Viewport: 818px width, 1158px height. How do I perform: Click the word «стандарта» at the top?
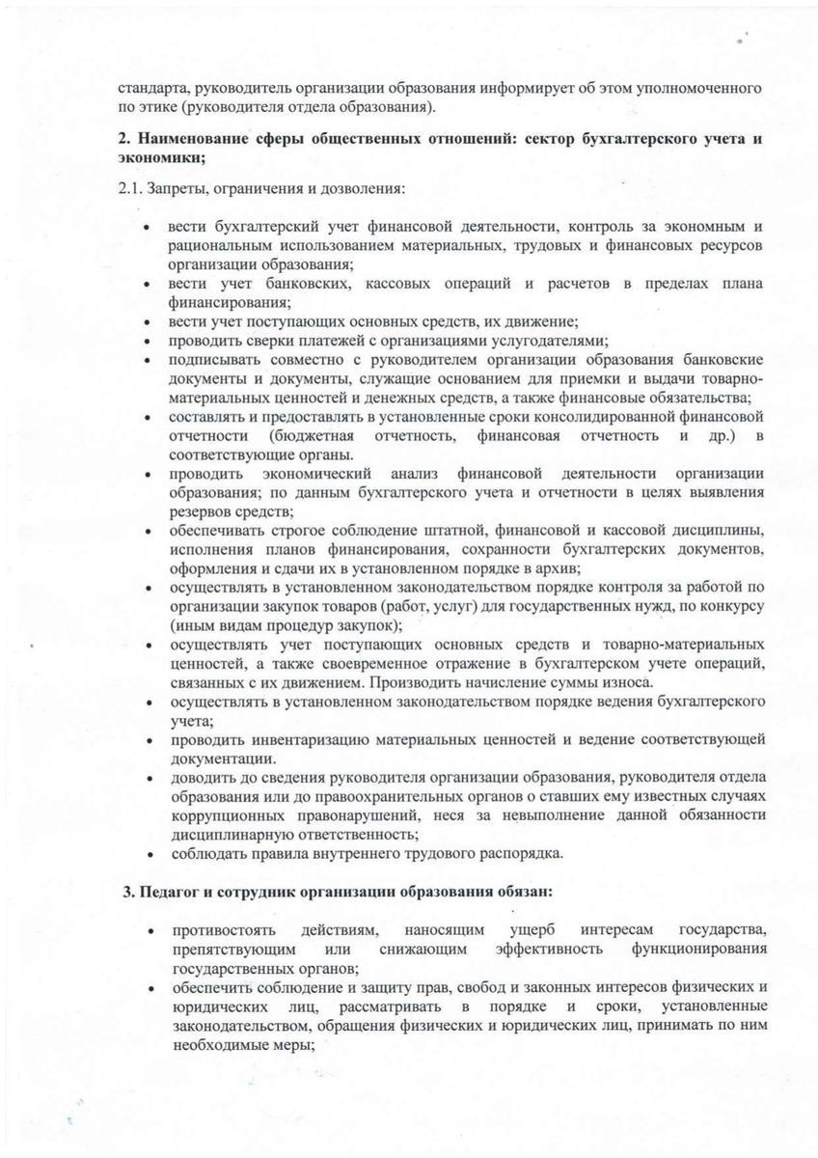point(146,88)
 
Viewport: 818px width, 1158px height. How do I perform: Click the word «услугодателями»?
point(548,341)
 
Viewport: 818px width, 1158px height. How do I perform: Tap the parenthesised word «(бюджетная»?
point(314,436)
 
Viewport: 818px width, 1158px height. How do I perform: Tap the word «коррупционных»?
point(215,814)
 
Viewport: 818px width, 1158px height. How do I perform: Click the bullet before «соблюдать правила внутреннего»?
point(146,854)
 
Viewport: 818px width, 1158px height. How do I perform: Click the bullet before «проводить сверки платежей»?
point(146,341)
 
